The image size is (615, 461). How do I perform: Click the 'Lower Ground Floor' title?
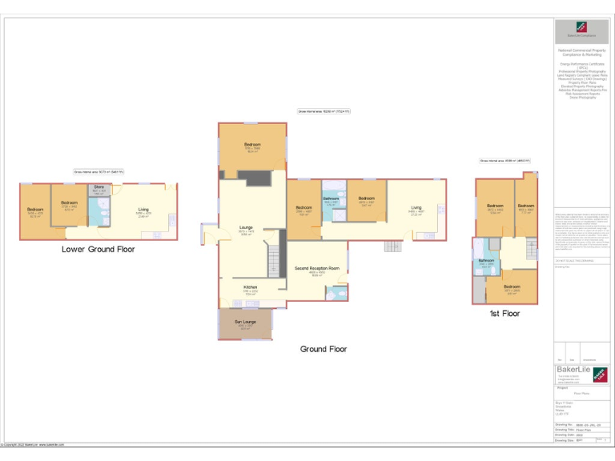point(98,249)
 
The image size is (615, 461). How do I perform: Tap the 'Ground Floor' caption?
point(324,349)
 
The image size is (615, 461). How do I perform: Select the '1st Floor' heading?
point(504,314)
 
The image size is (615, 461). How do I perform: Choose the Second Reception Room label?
point(317,268)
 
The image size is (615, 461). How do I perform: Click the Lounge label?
point(246,227)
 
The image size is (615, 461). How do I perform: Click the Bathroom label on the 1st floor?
point(486,261)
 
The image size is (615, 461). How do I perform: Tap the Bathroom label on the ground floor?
point(331,198)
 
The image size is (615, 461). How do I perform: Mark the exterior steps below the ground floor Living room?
point(392,246)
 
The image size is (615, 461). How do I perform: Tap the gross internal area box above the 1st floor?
point(504,161)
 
